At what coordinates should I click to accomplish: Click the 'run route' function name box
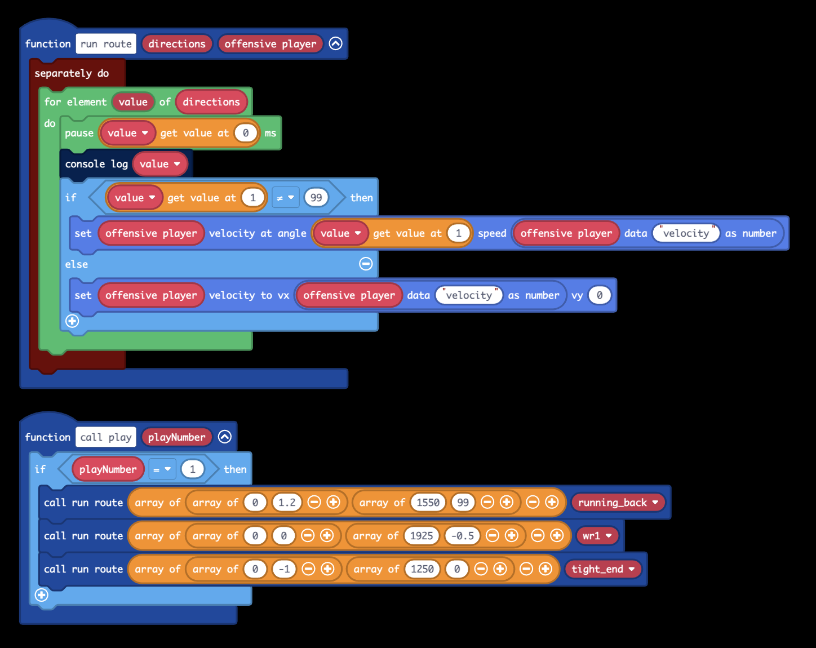click(106, 44)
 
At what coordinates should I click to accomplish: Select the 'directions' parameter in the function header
click(177, 44)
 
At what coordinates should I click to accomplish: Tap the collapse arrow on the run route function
click(335, 43)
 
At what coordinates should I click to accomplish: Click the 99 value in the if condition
click(316, 198)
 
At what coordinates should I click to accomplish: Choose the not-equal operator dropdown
click(286, 198)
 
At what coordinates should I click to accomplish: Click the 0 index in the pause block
click(246, 133)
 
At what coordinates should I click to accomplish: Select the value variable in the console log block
click(160, 164)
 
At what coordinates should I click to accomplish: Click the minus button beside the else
click(366, 264)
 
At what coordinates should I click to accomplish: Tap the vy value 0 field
click(600, 295)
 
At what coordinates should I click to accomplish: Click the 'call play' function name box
click(106, 437)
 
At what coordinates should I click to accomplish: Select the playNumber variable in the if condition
click(108, 469)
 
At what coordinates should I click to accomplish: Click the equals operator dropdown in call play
click(162, 469)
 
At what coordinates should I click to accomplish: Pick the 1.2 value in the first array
click(287, 503)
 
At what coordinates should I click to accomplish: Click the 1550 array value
click(428, 503)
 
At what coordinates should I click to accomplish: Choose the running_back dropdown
click(618, 503)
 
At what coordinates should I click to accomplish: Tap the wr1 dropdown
click(597, 536)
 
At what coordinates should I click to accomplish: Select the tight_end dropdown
click(603, 569)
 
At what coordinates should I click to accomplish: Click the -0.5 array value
click(463, 536)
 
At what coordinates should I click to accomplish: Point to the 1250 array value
click(422, 569)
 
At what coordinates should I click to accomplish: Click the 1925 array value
click(422, 536)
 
